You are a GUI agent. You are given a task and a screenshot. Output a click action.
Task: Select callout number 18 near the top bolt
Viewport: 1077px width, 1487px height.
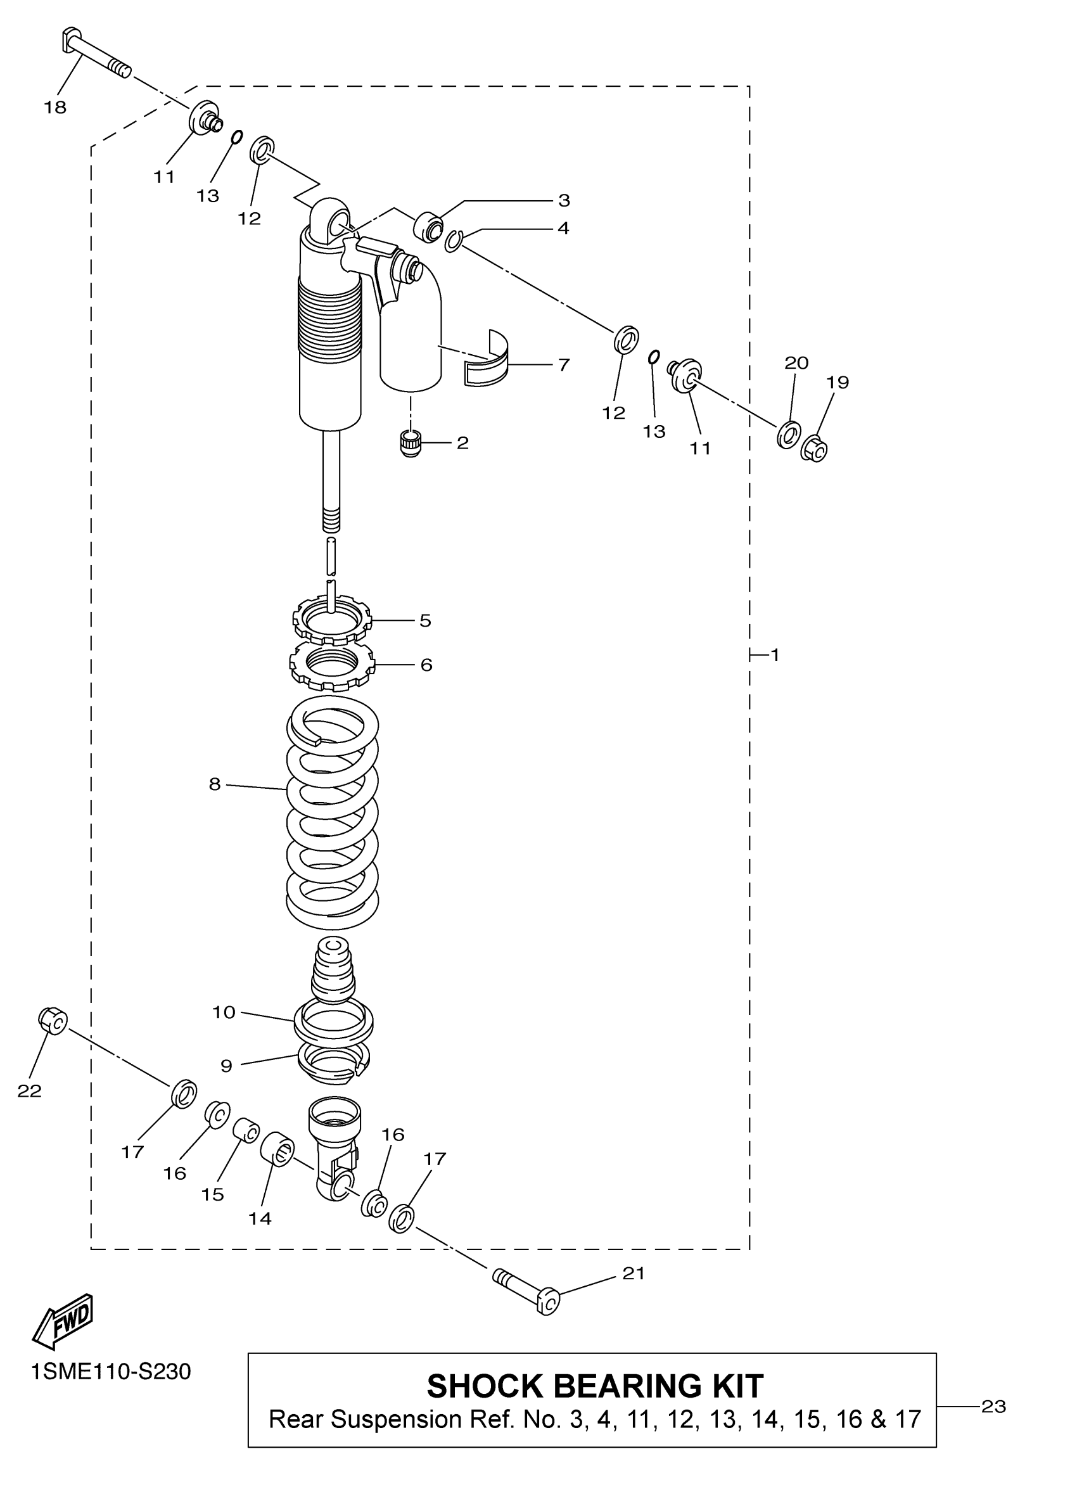pyautogui.click(x=56, y=108)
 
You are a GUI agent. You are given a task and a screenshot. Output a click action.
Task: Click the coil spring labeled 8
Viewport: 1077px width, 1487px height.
pyautogui.click(x=333, y=813)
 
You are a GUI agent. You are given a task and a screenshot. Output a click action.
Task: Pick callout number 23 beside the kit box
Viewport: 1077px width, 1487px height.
pyautogui.click(x=993, y=1407)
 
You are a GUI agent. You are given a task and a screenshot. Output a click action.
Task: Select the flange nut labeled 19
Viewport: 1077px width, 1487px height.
pyautogui.click(x=814, y=449)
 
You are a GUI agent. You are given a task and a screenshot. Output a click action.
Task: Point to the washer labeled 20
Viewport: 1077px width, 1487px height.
pyautogui.click(x=788, y=433)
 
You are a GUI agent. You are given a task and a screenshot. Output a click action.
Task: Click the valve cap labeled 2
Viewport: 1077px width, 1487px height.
pyautogui.click(x=411, y=444)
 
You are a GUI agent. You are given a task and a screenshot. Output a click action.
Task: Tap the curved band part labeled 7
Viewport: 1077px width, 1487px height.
pyautogui.click(x=490, y=361)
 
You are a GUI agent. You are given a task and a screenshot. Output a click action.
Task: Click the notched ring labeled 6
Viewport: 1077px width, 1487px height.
pyautogui.click(x=333, y=665)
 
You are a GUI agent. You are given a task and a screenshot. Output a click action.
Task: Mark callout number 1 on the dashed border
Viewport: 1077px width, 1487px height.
pyautogui.click(x=775, y=654)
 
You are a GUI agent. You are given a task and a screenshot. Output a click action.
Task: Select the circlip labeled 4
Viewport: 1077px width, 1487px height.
pyautogui.click(x=453, y=241)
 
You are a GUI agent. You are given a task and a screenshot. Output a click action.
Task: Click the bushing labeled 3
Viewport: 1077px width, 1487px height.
pyautogui.click(x=429, y=227)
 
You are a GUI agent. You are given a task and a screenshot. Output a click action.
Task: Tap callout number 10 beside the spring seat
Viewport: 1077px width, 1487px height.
pyautogui.click(x=224, y=1012)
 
